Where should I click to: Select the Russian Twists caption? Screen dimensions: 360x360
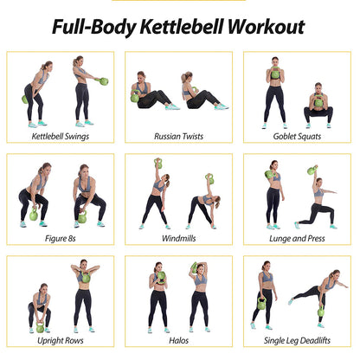179,136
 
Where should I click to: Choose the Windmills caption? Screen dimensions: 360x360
179,237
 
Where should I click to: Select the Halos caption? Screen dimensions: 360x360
179,340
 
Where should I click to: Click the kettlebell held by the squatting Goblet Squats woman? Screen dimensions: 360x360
318,102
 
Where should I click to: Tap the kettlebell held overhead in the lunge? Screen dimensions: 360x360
313,170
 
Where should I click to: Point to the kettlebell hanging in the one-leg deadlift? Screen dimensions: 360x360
320,312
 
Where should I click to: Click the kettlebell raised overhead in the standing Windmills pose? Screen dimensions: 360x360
158,163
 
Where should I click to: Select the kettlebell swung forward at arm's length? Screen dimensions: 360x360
105,81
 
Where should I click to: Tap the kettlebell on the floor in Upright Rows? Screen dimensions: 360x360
39,328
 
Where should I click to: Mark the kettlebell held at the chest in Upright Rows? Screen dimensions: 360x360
85,278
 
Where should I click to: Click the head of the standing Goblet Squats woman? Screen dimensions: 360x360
275,62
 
